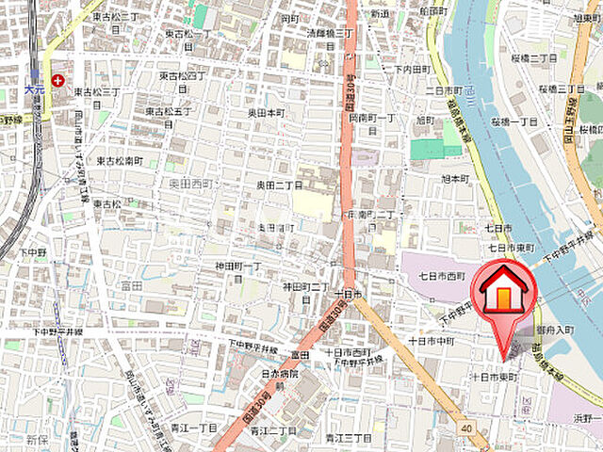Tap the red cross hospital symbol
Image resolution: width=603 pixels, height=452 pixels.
coord(57,81)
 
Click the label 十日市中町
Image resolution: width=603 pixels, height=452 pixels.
coord(432,340)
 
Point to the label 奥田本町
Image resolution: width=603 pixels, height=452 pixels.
coord(267,112)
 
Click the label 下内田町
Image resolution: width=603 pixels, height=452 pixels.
coord(413,70)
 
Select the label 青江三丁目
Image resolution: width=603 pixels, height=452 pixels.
coord(348,437)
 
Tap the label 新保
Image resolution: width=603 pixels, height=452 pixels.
coord(36,440)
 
